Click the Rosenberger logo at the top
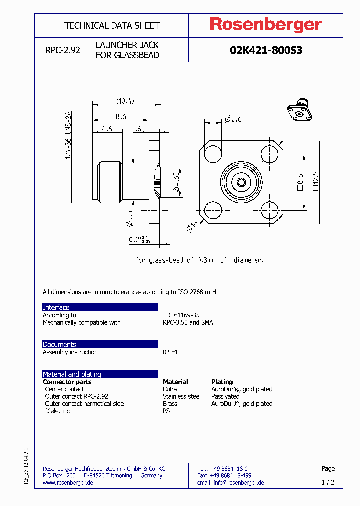(x=265, y=25)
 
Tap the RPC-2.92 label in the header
(x=62, y=50)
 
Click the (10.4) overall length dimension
(x=125, y=101)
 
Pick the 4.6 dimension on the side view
(x=106, y=129)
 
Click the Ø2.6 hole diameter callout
(x=233, y=119)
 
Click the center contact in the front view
(x=242, y=182)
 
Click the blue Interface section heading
(x=56, y=307)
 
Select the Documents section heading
(x=59, y=344)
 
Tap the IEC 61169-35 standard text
(x=181, y=315)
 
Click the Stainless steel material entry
(x=181, y=396)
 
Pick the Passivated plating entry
(x=225, y=396)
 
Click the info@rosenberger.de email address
(x=238, y=483)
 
